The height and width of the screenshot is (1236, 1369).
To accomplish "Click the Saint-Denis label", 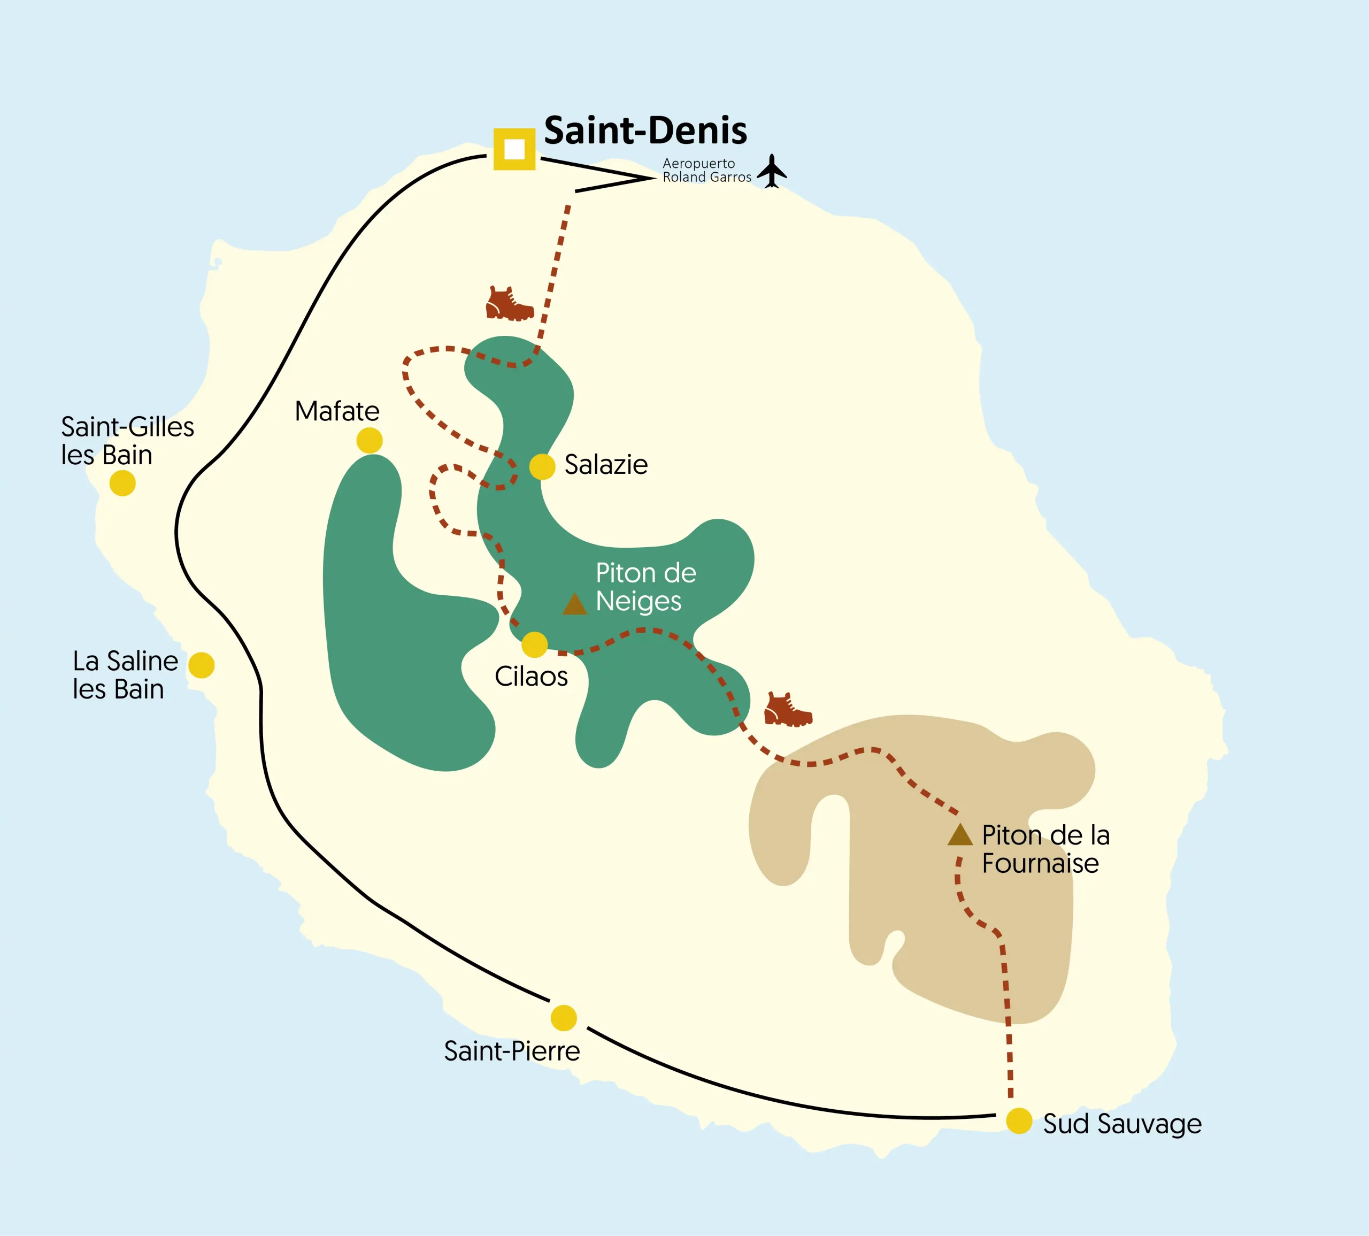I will [645, 130].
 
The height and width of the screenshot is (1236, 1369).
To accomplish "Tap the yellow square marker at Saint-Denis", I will [514, 149].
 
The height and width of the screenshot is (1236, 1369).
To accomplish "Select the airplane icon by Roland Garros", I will [772, 171].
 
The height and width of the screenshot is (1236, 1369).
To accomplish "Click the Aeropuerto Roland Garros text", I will [706, 171].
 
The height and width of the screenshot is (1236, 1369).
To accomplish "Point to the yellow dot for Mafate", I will [370, 440].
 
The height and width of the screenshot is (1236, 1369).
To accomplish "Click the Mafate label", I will [337, 411].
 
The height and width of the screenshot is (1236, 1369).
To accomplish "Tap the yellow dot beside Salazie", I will [542, 466].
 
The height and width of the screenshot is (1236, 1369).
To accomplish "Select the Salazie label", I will [606, 465].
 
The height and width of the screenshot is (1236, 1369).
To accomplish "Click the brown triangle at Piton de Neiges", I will [574, 604].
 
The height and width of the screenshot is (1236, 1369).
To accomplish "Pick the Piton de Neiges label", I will [645, 587].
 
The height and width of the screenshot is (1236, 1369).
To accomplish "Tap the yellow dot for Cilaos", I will [534, 644].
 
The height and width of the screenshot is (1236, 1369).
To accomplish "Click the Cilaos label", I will [531, 677].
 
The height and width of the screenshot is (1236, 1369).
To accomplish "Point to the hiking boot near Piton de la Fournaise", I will [788, 710].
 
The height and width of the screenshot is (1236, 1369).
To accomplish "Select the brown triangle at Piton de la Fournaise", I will [959, 835].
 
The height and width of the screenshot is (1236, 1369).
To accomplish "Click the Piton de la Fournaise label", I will [1045, 849].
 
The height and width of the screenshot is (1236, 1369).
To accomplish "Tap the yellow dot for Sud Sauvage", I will [1019, 1120].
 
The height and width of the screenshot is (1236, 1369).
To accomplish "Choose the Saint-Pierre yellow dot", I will [564, 1018].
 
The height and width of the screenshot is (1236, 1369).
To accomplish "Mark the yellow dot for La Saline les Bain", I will [201, 665].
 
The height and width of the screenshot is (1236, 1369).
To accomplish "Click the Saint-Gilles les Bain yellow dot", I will [122, 483].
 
